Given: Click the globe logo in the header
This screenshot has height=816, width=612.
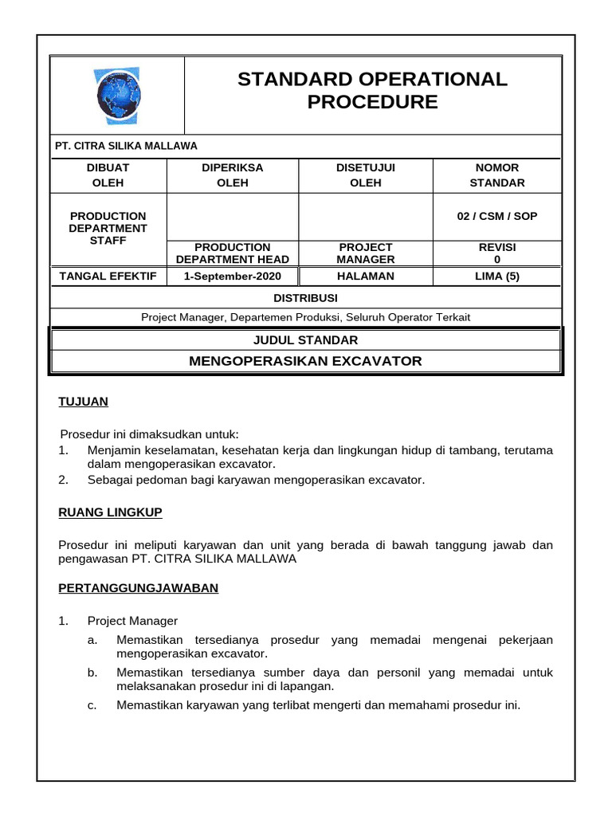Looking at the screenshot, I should (x=118, y=95).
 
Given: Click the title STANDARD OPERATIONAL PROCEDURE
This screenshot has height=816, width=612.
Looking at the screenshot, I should (x=372, y=90).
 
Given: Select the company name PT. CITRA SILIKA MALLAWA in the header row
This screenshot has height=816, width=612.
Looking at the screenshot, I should (x=126, y=146).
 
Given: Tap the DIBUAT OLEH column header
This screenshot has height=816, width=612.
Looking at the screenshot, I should (x=108, y=175).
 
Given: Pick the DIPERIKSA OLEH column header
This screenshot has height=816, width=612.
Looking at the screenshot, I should (x=233, y=175).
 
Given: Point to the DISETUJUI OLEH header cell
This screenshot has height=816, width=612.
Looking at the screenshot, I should (x=366, y=175).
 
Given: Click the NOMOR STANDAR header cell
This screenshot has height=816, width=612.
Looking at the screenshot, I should (x=497, y=175).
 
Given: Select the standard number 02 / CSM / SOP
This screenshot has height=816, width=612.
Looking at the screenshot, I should (x=497, y=216).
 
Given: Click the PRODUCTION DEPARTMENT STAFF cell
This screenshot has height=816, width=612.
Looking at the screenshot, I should (x=108, y=228).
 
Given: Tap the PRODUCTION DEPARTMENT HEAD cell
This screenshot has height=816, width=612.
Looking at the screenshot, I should (x=233, y=253).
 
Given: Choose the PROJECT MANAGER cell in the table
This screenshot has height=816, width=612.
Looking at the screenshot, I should (x=366, y=253).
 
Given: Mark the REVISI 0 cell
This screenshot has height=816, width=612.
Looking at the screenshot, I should (x=497, y=253).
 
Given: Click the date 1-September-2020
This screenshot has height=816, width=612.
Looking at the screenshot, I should (x=233, y=277).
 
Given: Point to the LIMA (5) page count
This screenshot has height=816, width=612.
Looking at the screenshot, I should (x=497, y=277).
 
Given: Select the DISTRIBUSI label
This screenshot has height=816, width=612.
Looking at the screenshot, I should (x=306, y=298).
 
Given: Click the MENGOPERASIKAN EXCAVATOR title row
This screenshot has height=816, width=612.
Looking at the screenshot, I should (x=306, y=361).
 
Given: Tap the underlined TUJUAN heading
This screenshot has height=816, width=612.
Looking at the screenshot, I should (x=84, y=402).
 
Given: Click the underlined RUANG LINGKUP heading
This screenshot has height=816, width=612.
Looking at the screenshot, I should (x=111, y=512).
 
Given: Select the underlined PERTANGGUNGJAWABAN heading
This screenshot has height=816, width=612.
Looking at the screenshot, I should (x=139, y=588).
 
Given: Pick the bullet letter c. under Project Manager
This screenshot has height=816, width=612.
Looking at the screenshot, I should (x=92, y=704).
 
